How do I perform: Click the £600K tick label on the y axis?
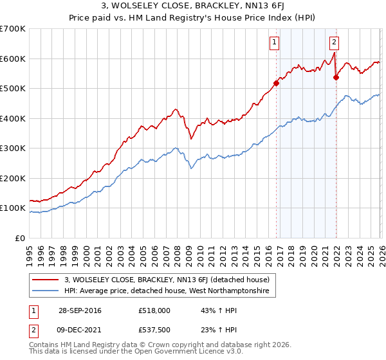pos(13,59)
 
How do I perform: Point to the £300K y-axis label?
pos(13,148)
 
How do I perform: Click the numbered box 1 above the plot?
pos(275,43)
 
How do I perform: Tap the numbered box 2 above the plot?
pos(335,43)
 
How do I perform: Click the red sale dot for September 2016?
pos(276,83)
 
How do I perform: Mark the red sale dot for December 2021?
pos(336,77)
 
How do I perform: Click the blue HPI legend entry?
pos(170,291)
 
